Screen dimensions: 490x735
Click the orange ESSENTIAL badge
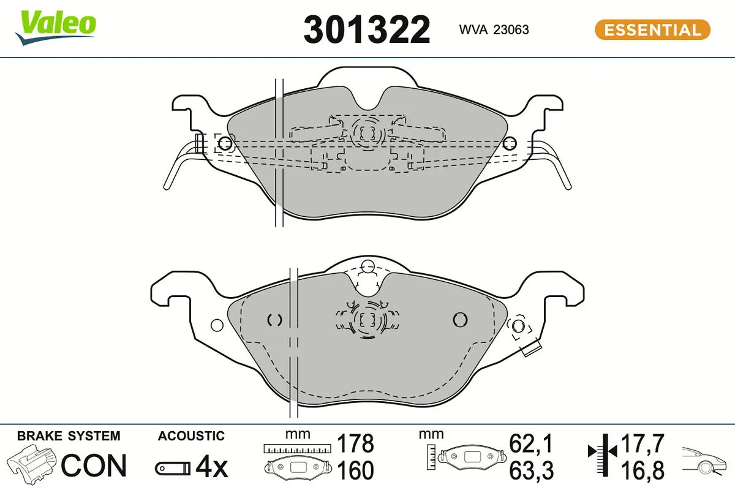tap(652, 29)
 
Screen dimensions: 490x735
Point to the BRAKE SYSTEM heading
tap(69, 436)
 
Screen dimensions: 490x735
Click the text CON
tap(94, 466)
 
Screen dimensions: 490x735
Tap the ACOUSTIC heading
tap(191, 436)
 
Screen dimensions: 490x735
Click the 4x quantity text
tap(211, 468)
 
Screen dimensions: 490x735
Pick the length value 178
tap(356, 443)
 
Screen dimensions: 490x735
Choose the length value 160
tap(356, 470)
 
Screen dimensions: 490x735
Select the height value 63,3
tap(531, 470)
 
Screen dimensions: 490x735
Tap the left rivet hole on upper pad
tap(225, 144)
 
